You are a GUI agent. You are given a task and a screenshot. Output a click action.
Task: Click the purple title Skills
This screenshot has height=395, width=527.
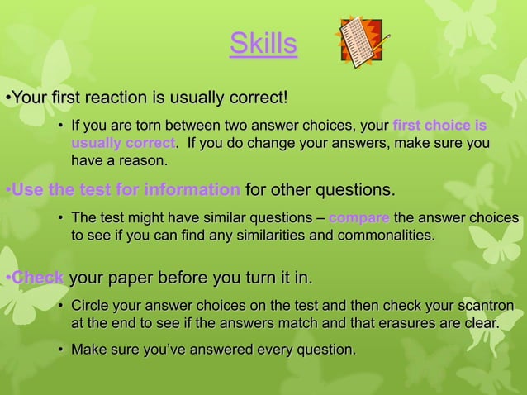(263, 45)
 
